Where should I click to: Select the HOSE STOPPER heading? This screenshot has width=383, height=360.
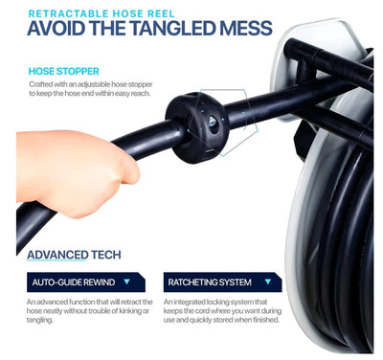tap(64, 71)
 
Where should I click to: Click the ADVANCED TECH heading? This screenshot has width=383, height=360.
tap(74, 255)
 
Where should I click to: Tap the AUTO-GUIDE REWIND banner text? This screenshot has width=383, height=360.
tap(74, 282)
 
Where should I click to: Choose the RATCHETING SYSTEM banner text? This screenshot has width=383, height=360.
tap(210, 282)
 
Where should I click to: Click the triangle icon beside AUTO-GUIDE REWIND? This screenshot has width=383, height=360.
tap(127, 281)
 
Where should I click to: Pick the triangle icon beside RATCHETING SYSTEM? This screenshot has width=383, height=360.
tap(268, 281)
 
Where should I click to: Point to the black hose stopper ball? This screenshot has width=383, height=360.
tap(197, 126)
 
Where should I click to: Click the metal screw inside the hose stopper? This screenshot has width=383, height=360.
tap(213, 122)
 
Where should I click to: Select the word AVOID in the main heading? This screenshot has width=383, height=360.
tap(56, 28)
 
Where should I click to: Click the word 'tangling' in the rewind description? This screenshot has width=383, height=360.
tap(39, 320)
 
